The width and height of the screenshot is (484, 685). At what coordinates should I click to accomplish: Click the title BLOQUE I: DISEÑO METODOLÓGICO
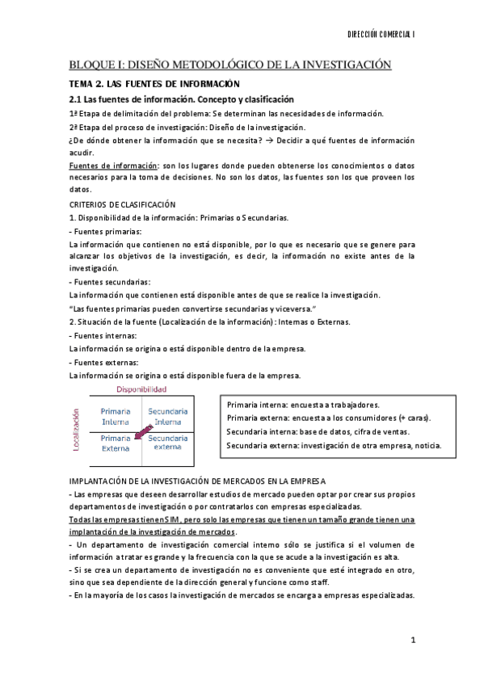(229, 65)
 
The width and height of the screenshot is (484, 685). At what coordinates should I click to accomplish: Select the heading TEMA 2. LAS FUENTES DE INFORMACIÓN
(154, 84)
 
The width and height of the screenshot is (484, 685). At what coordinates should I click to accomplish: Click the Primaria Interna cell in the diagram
(116, 416)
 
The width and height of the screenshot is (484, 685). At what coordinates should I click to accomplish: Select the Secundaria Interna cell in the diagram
(168, 416)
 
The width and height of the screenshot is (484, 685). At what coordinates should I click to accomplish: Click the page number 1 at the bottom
(412, 641)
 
